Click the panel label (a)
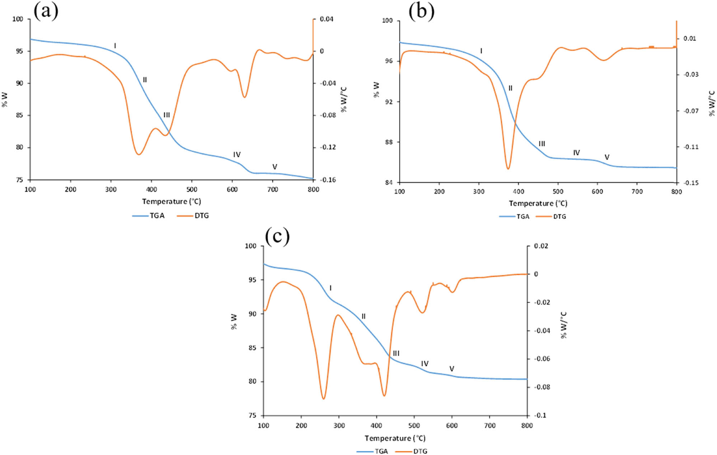[46, 11]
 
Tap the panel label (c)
[277, 236]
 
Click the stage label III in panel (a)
[167, 115]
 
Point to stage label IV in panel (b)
[576, 153]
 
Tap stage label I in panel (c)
[331, 288]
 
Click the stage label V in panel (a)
[275, 167]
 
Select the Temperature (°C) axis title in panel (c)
[395, 438]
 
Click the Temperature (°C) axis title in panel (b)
[538, 203]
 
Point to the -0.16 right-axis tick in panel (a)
[328, 180]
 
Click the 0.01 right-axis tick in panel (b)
[689, 38]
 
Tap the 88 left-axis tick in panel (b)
[389, 142]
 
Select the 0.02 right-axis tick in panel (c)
[541, 246]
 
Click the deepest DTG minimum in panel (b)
[508, 168]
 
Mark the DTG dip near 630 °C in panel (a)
[244, 97]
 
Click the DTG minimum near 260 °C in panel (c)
[323, 399]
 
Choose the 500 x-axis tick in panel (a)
[192, 189]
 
